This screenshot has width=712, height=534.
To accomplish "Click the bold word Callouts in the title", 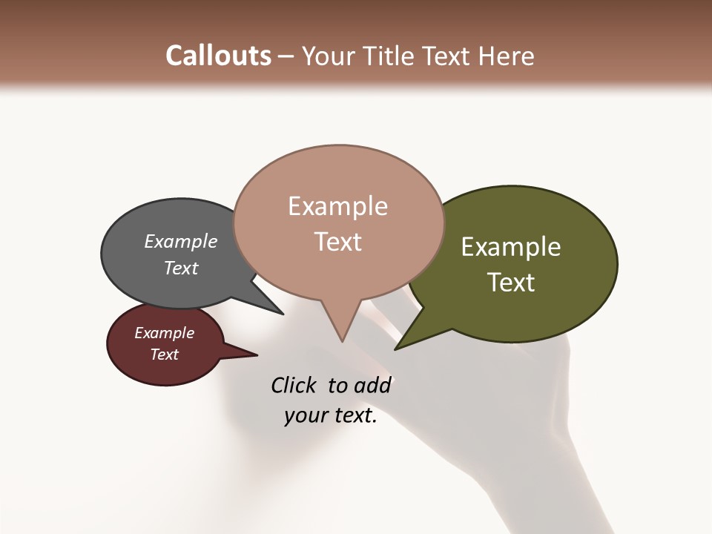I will click(x=218, y=56).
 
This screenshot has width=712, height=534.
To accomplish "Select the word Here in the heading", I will click(x=507, y=56).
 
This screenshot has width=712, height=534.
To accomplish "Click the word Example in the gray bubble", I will click(x=180, y=242).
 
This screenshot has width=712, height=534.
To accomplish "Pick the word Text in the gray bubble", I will click(x=180, y=268).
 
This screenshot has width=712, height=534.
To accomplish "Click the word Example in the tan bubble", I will click(x=337, y=206).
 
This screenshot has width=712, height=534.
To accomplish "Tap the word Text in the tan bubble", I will click(x=337, y=242).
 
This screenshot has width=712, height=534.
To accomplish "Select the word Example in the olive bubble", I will click(x=511, y=247).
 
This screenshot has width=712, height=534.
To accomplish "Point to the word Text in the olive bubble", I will click(x=511, y=283).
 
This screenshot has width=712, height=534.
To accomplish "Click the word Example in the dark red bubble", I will click(x=164, y=333).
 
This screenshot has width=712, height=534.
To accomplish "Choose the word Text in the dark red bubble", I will click(x=164, y=355).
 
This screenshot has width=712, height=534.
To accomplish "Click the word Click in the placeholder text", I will click(x=294, y=385).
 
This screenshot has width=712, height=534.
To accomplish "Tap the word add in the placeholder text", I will click(x=372, y=385).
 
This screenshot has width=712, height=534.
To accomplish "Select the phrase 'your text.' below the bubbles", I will click(x=331, y=415).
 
